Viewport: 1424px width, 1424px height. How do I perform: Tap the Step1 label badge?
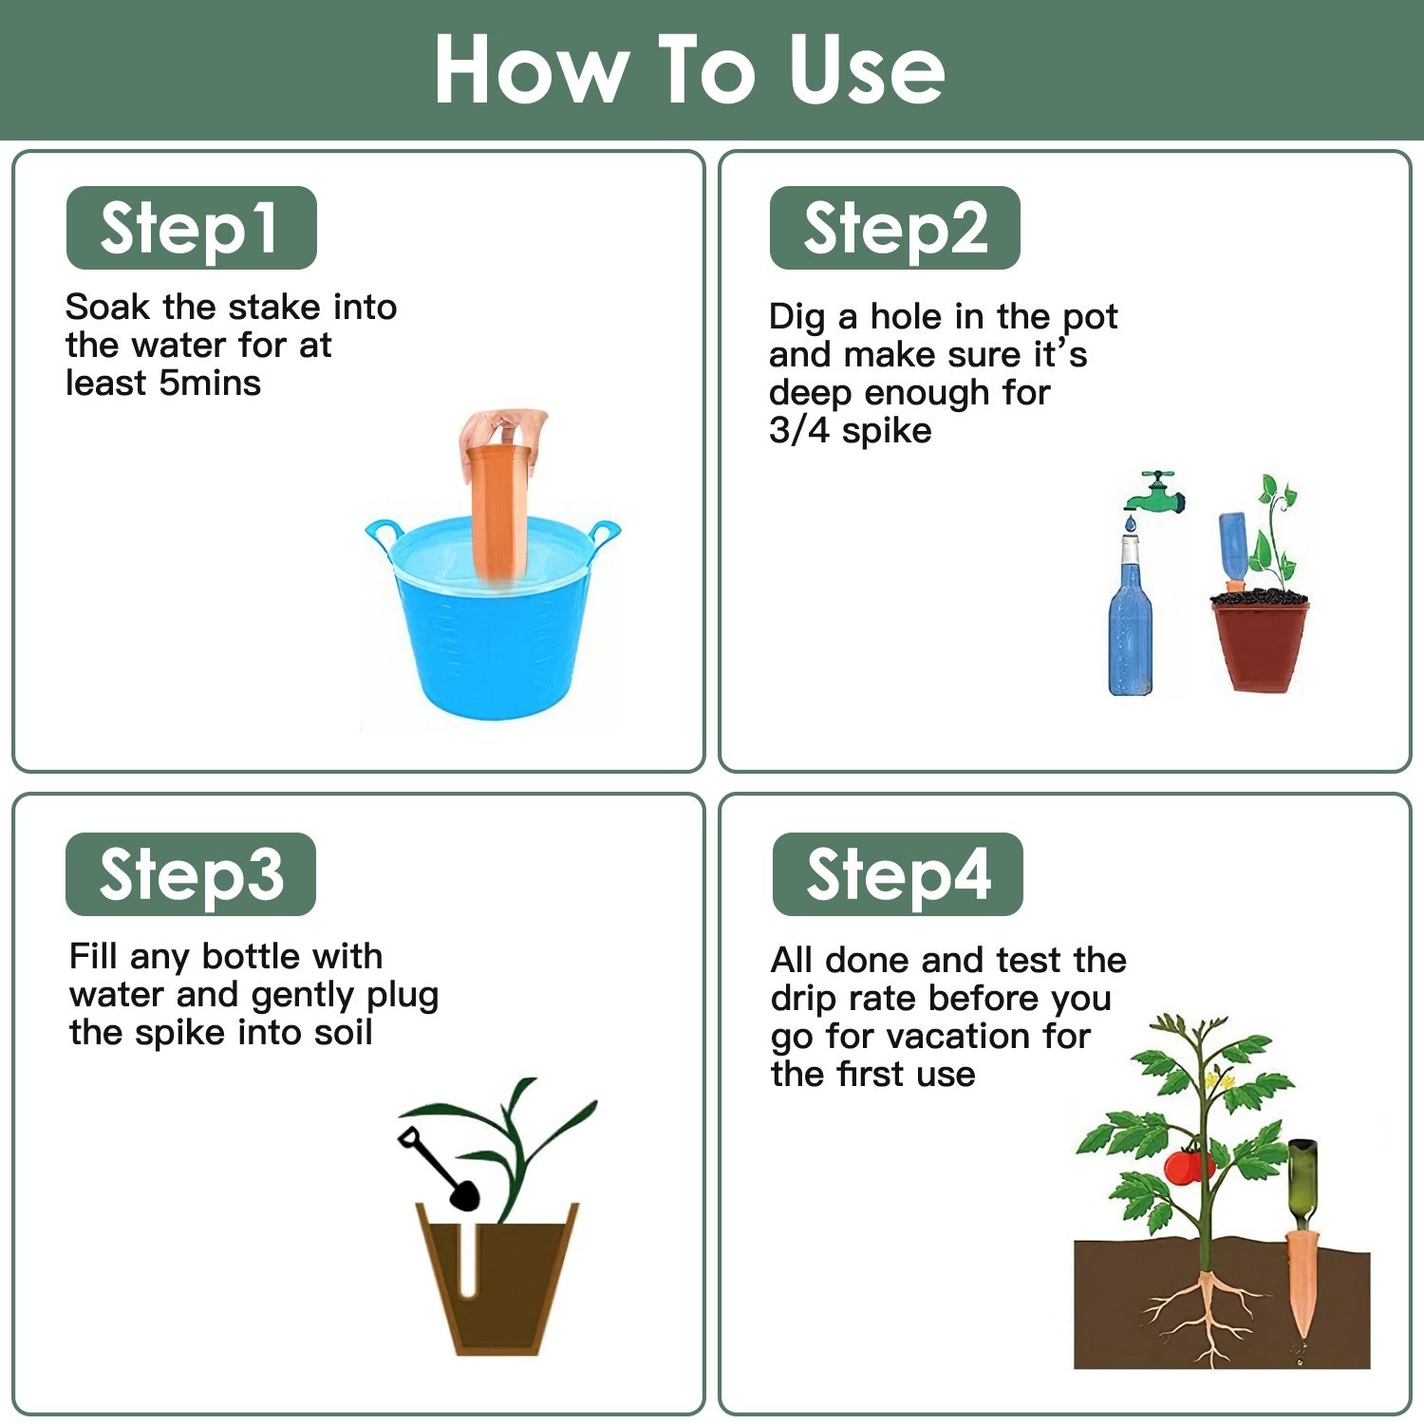coord(191,228)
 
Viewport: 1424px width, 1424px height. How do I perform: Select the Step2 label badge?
coord(894,228)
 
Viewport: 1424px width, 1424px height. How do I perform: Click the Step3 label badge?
coord(191,874)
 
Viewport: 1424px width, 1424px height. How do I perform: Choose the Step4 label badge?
coord(897,874)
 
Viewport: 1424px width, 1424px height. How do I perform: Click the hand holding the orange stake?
coord(503,432)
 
